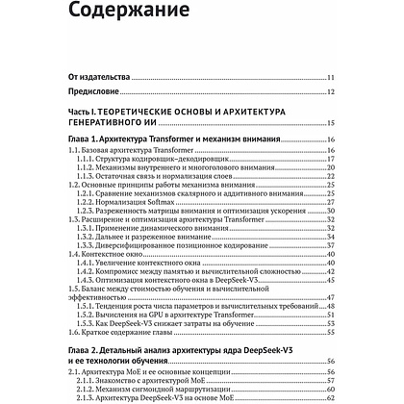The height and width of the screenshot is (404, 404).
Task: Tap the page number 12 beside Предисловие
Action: (x=330, y=92)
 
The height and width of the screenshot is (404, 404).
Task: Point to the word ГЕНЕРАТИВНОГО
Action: (x=104, y=124)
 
